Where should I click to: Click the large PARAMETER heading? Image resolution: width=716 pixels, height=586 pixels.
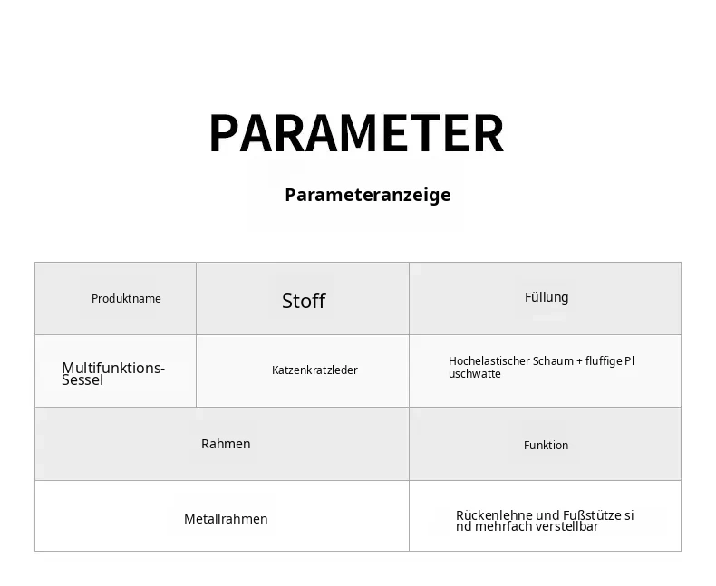(x=356, y=133)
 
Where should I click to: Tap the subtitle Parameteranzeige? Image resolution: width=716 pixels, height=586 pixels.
(x=368, y=195)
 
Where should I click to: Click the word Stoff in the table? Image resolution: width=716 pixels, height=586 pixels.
(x=304, y=301)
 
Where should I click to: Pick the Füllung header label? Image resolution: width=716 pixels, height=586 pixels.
(x=547, y=297)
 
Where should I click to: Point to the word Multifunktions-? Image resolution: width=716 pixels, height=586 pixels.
(x=113, y=368)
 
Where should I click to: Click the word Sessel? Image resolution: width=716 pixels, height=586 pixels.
(x=82, y=379)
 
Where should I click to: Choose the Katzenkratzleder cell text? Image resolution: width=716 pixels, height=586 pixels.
(x=314, y=370)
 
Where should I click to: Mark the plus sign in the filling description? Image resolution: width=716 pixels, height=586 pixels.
(x=579, y=361)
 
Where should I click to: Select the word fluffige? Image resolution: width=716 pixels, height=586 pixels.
(x=604, y=361)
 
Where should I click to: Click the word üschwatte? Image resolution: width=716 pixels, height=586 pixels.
(x=475, y=374)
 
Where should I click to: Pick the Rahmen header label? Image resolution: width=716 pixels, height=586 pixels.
(x=226, y=444)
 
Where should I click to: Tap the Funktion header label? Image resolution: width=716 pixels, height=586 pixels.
(x=547, y=445)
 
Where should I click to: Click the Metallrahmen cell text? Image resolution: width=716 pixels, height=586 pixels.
(x=226, y=519)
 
